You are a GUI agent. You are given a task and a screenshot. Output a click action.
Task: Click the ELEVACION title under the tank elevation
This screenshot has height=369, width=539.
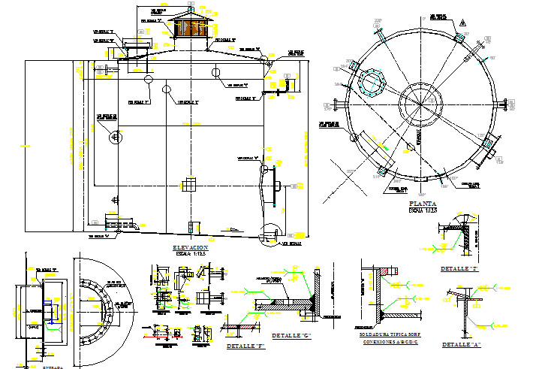(x=189, y=247)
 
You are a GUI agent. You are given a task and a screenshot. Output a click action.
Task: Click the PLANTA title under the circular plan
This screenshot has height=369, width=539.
(x=423, y=204)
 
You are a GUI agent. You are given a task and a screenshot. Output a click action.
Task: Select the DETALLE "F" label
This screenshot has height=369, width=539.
(x=245, y=346)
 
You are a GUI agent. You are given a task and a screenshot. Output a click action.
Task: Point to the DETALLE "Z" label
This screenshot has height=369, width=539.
(x=459, y=268)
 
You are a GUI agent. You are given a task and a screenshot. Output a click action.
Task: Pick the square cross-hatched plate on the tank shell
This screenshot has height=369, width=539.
(x=190, y=185)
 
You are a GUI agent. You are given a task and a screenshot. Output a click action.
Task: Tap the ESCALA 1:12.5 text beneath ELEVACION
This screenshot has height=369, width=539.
(x=189, y=254)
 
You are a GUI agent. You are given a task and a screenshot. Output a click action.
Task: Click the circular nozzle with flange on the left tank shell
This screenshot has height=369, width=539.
(x=115, y=137)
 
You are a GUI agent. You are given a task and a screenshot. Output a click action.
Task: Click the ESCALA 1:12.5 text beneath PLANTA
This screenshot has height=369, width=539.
(x=423, y=210)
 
